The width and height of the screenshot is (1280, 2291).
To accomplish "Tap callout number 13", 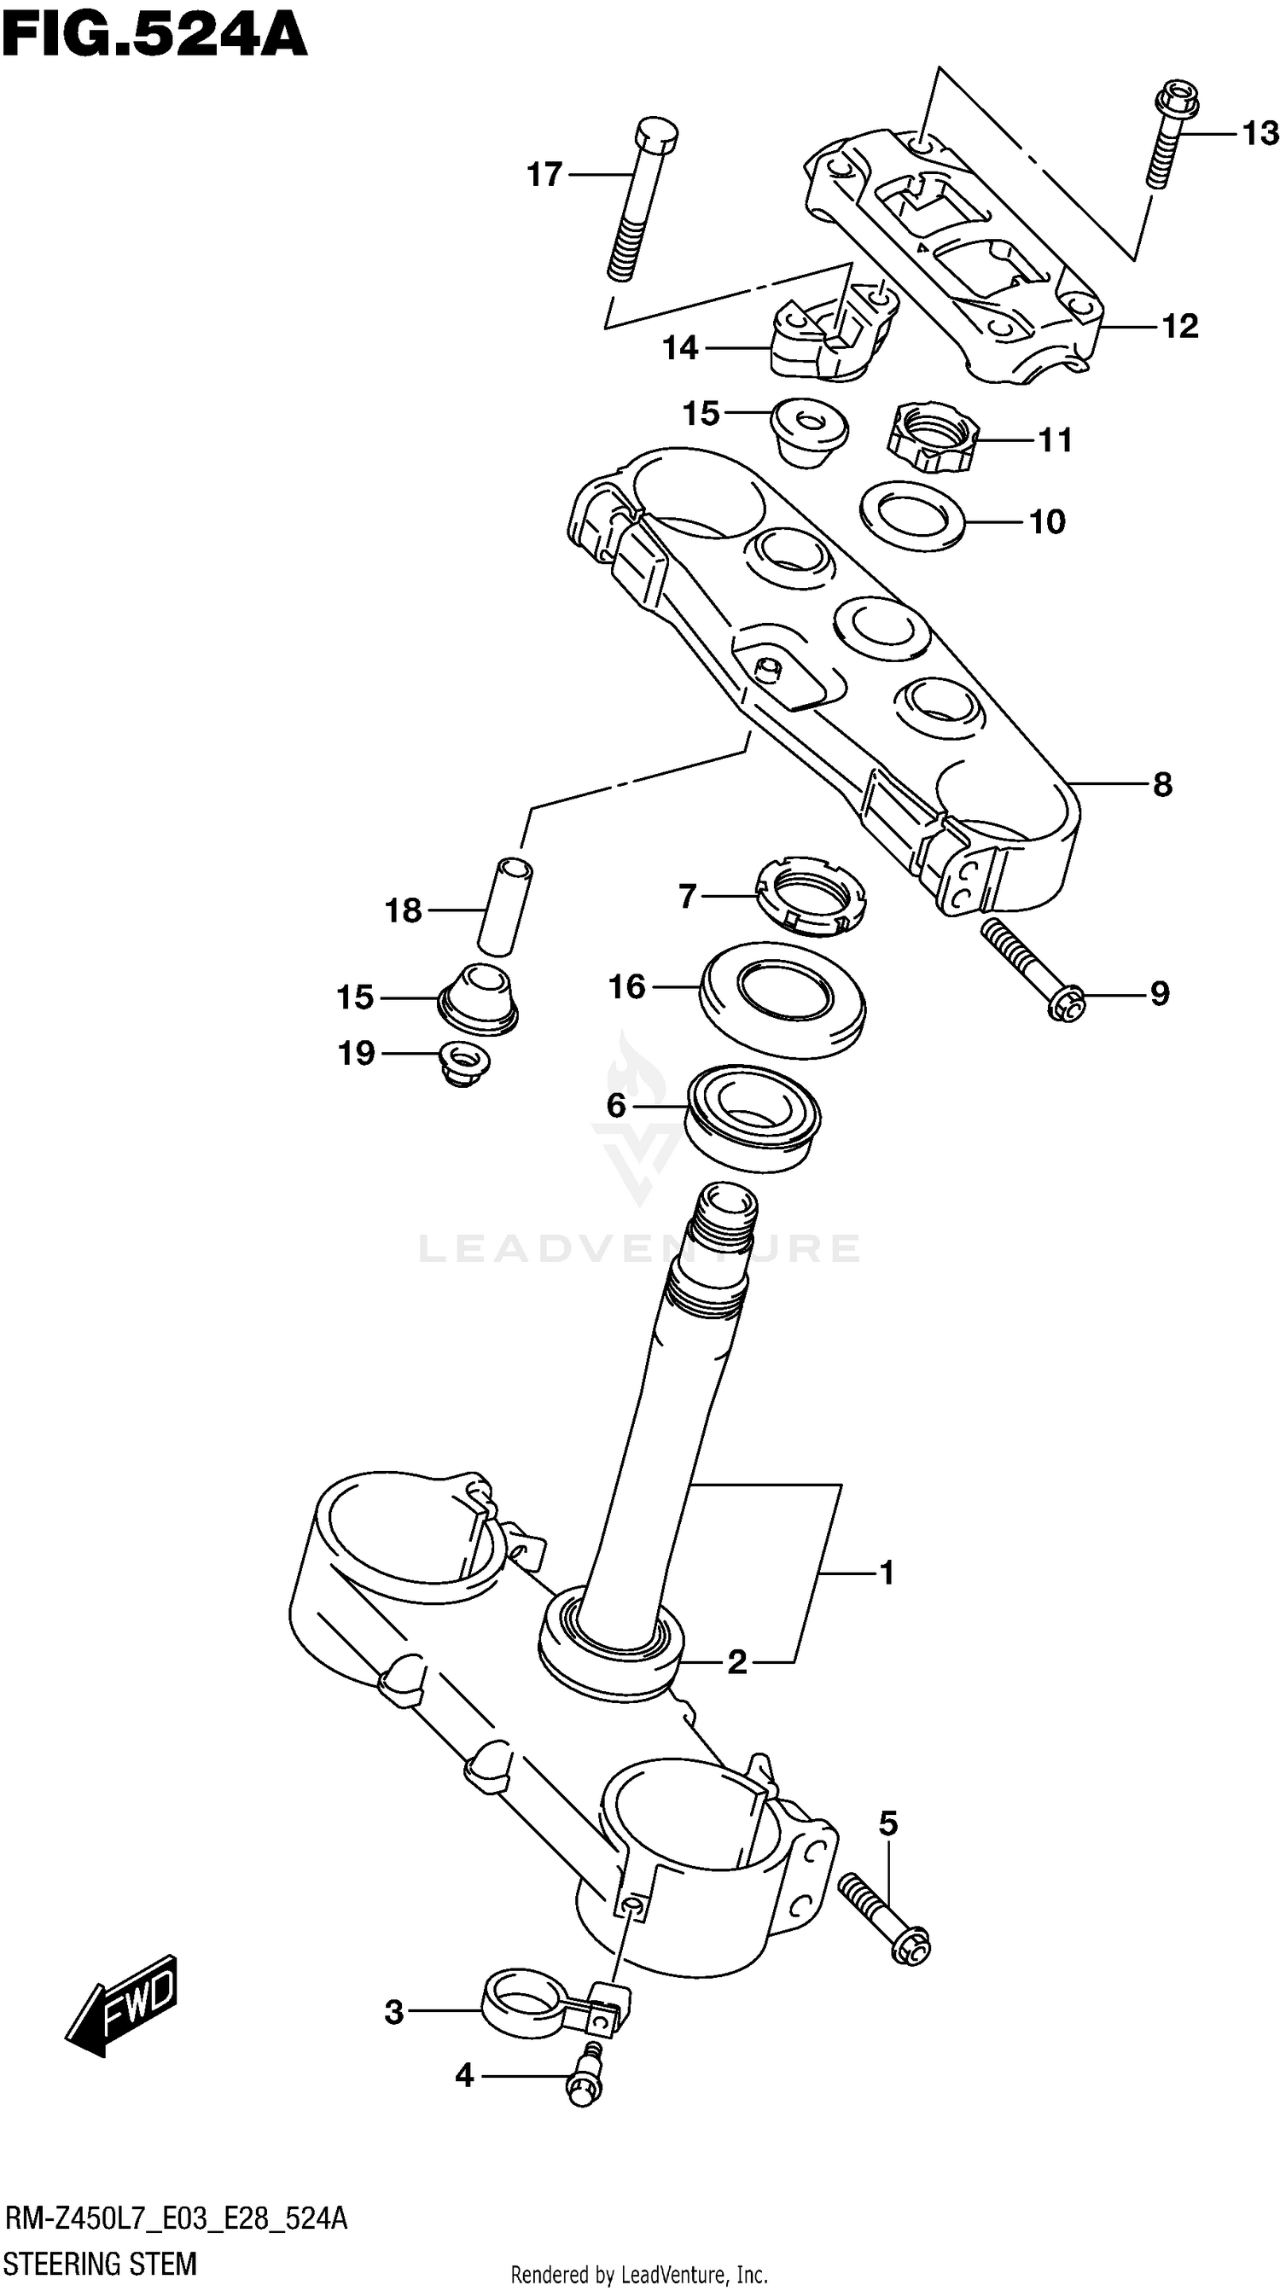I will coord(1260,133).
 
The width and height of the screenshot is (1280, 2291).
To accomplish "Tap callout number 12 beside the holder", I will coord(1180,327).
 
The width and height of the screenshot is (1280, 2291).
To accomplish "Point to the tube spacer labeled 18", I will coord(503,907).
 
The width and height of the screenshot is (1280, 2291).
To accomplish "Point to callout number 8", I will coord(1161,784).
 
